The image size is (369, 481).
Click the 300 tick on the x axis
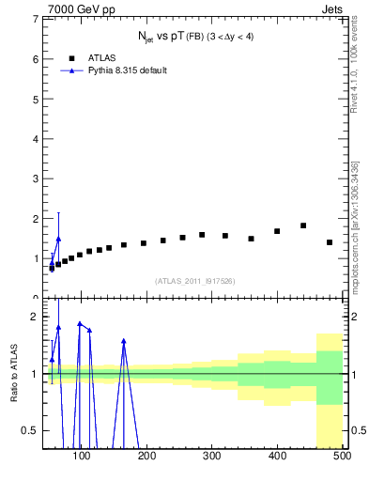tap(212, 458)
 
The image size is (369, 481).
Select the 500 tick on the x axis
tap(342, 458)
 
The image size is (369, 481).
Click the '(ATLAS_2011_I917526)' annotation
tap(193, 280)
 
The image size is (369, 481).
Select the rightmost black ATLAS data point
tap(330, 242)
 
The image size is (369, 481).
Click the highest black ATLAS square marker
tap(303, 225)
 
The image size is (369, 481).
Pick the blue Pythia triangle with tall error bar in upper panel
tap(58, 239)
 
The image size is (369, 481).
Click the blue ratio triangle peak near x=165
tap(124, 341)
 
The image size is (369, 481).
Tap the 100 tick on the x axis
tap(82, 458)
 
